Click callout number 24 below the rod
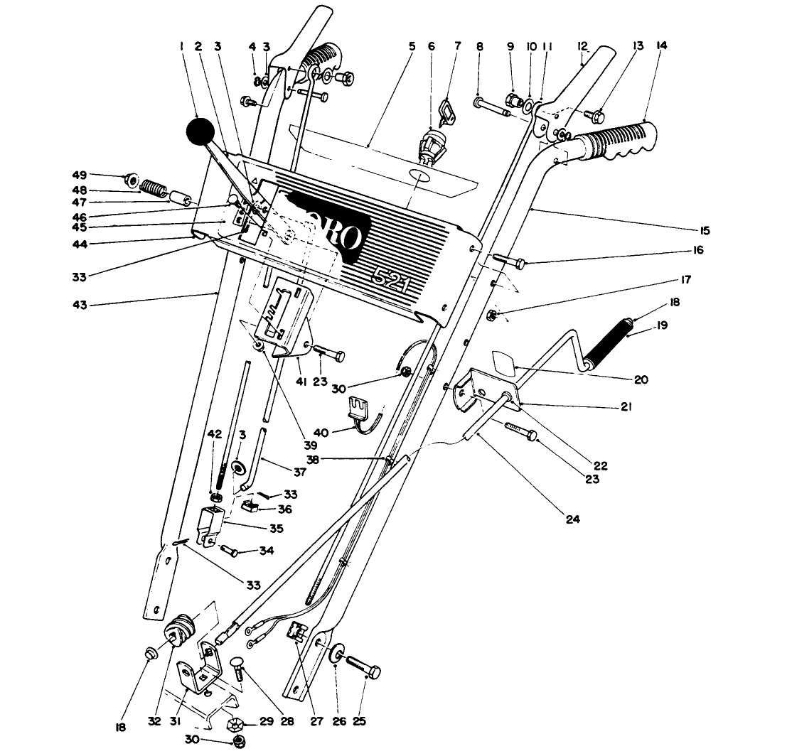pyautogui.click(x=573, y=519)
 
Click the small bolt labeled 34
pyautogui.click(x=230, y=550)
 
